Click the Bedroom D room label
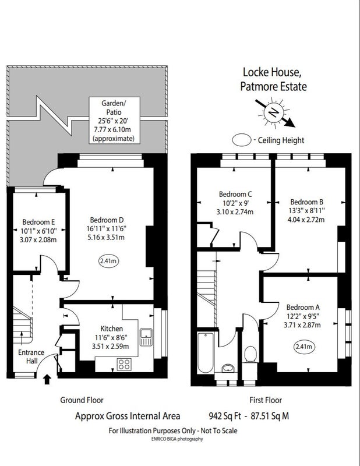tap(107, 220)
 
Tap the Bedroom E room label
tap(38, 222)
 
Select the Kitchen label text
tap(111, 329)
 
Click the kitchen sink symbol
tap(146, 337)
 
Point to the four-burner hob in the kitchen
tap(124, 364)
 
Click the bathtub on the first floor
tap(206, 353)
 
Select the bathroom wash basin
tap(228, 368)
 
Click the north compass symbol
tap(273, 112)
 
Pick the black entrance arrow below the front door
tap(47, 379)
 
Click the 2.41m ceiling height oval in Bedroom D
tap(108, 261)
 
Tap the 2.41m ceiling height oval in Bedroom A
tap(305, 347)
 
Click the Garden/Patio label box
tap(114, 121)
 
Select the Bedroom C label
tap(235, 195)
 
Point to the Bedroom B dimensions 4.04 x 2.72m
tap(306, 220)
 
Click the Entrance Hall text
tap(31, 356)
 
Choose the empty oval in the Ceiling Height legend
tap(242, 140)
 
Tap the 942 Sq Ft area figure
tap(225, 416)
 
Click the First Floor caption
tap(266, 400)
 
